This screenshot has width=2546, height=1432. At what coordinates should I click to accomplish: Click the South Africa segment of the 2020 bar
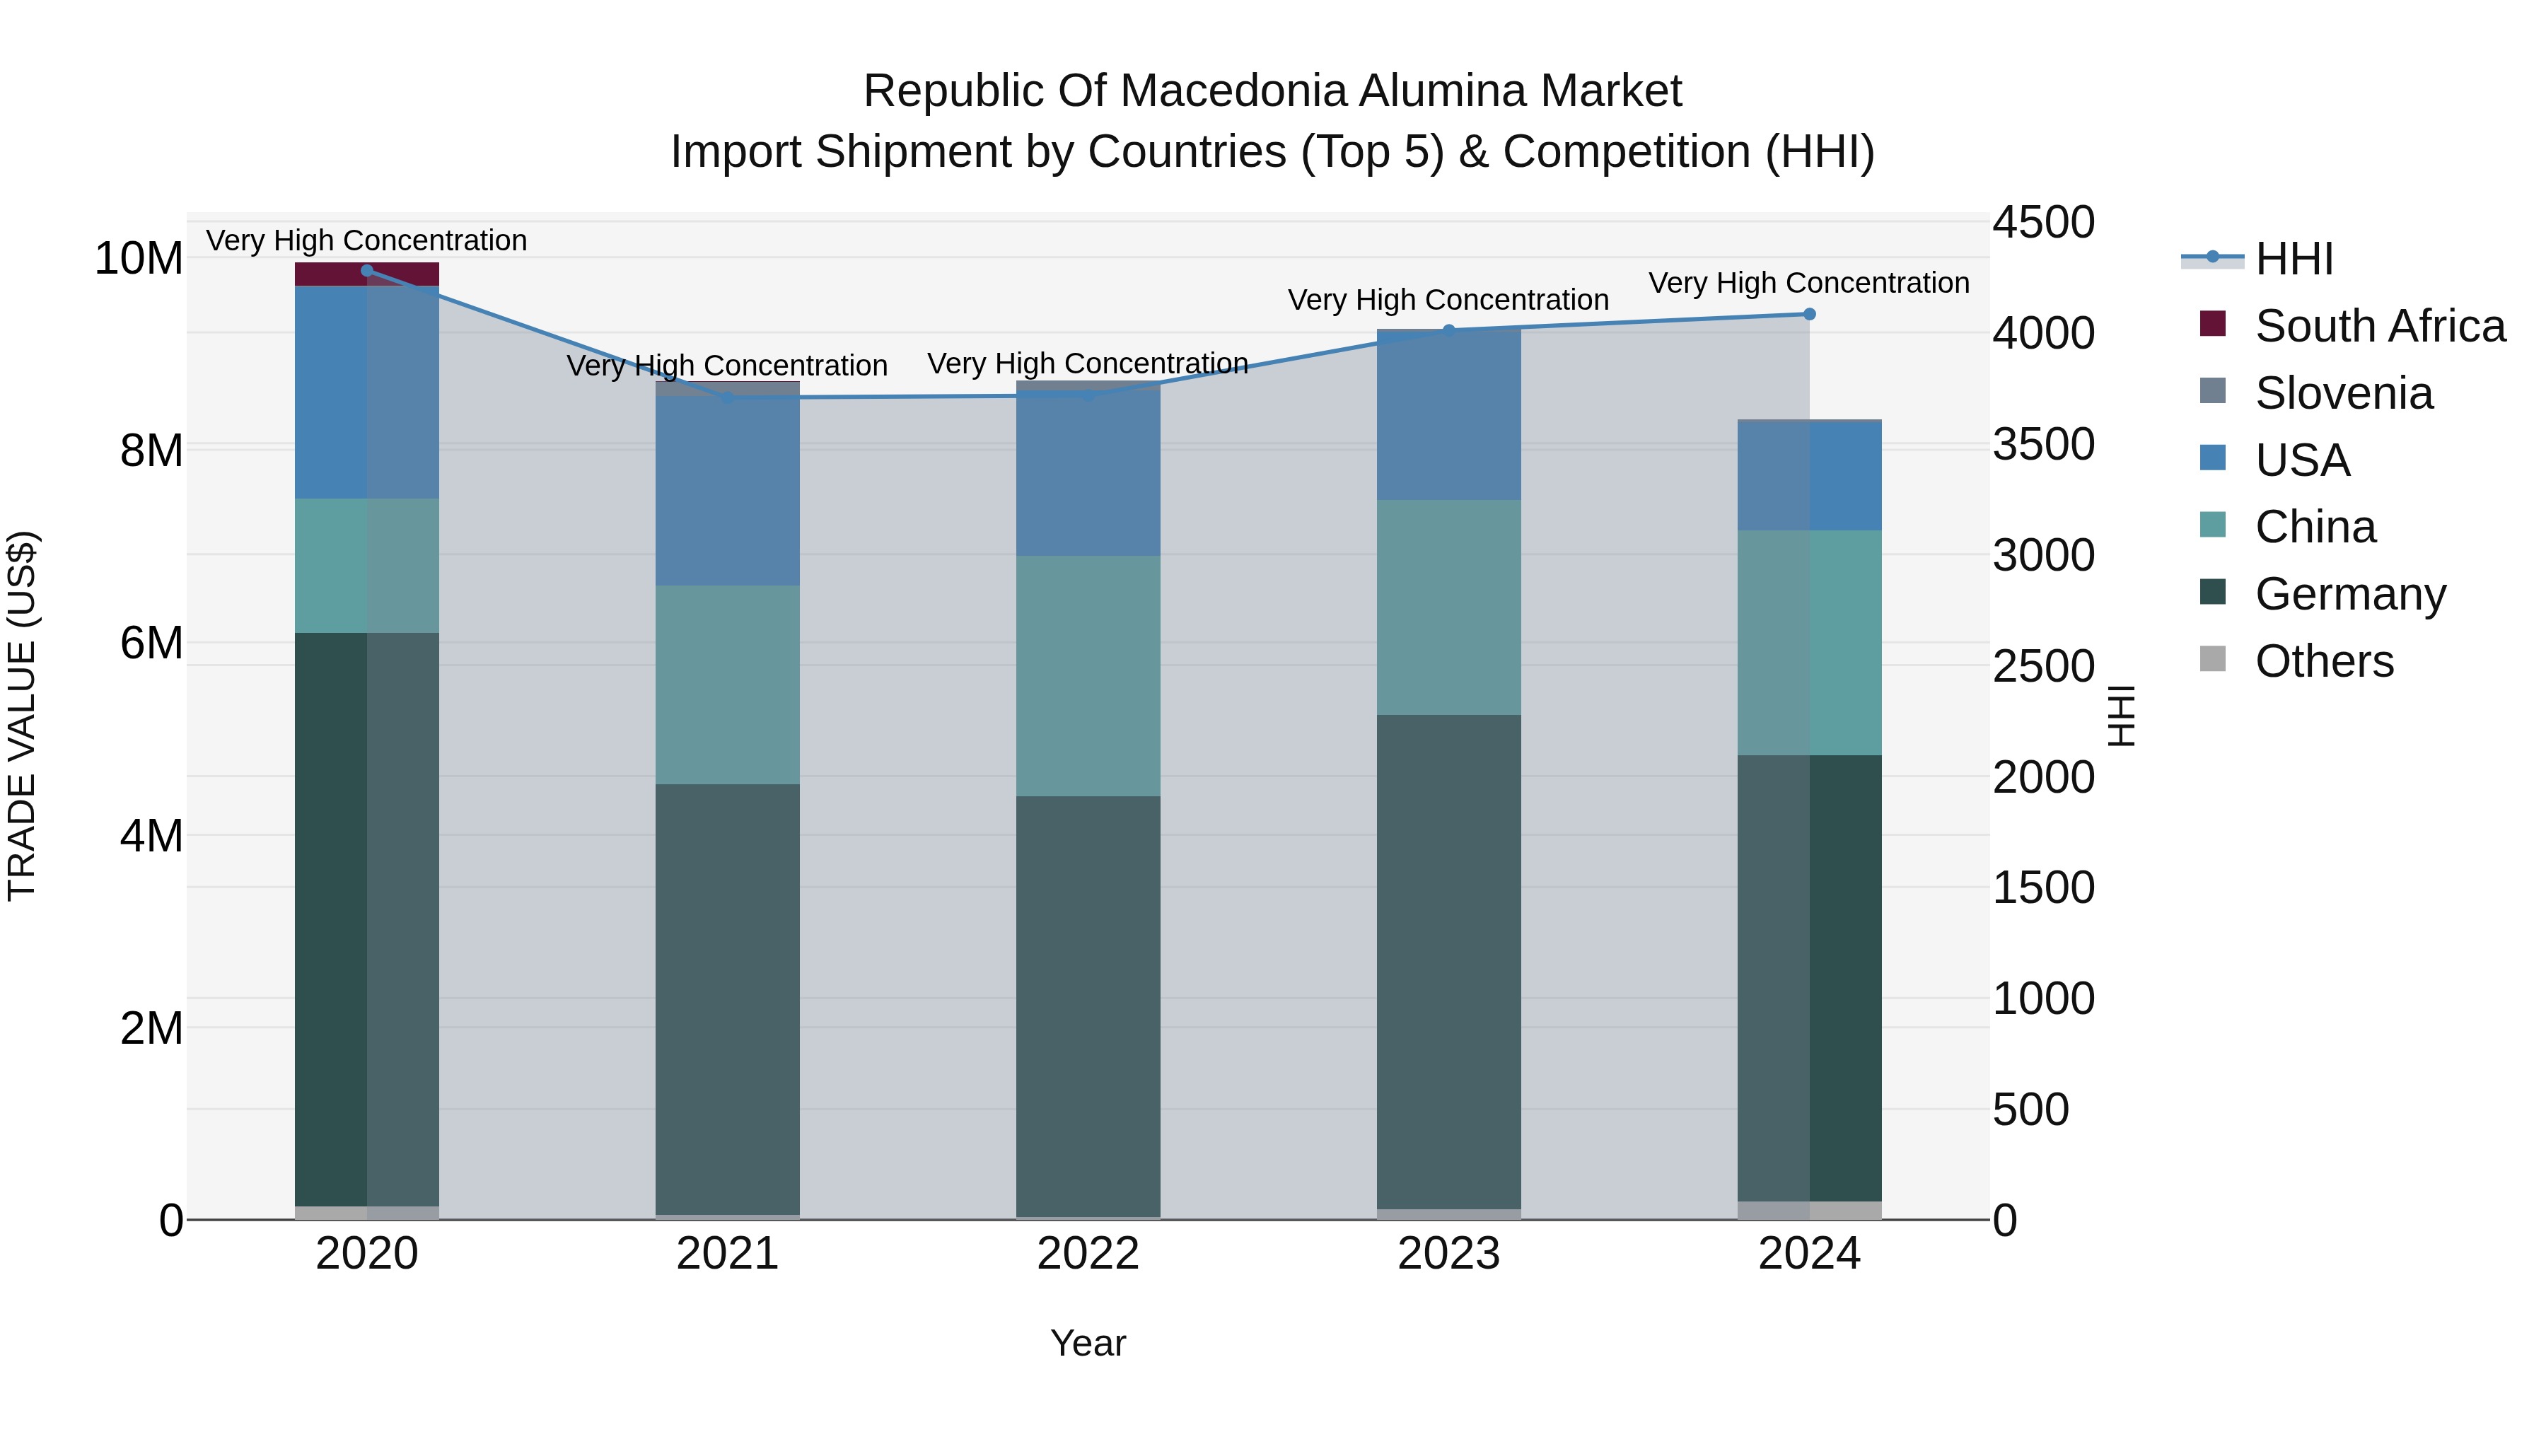tap(366, 274)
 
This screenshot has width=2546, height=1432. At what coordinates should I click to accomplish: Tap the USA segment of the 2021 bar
tap(728, 491)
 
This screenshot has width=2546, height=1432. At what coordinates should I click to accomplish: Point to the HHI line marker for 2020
tap(366, 270)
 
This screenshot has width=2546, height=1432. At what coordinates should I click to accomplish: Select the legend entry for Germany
tap(2349, 594)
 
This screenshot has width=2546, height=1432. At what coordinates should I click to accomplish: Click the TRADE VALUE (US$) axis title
tap(22, 716)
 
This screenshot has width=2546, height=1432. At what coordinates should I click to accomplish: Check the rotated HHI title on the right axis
tap(2121, 716)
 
